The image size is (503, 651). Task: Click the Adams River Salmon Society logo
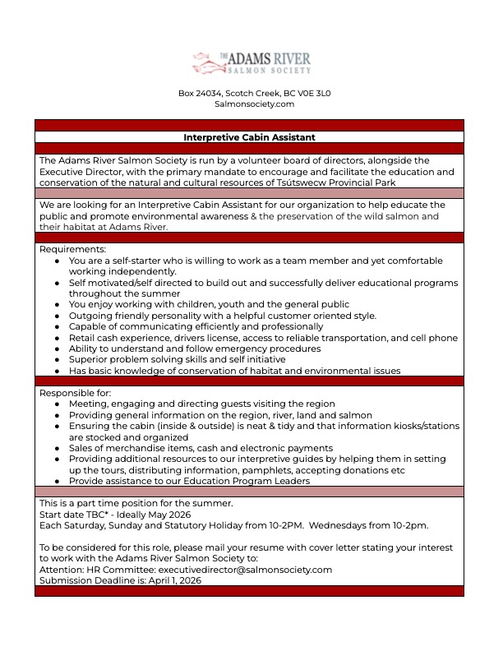251,62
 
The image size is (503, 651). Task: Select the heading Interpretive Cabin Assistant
249,137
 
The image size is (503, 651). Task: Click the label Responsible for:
74,393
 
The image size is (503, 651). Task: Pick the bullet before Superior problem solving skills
57,360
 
